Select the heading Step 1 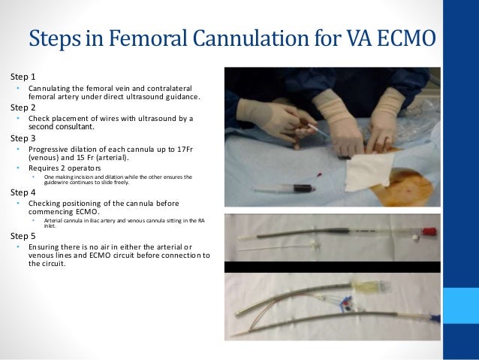pyautogui.click(x=23, y=77)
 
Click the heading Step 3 pyautogui.click(x=23, y=138)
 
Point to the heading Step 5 pyautogui.click(x=23, y=235)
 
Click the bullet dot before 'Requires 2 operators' pyautogui.click(x=18, y=168)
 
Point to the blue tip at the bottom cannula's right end pyautogui.click(x=434, y=319)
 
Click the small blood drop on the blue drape pyautogui.click(x=318, y=174)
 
